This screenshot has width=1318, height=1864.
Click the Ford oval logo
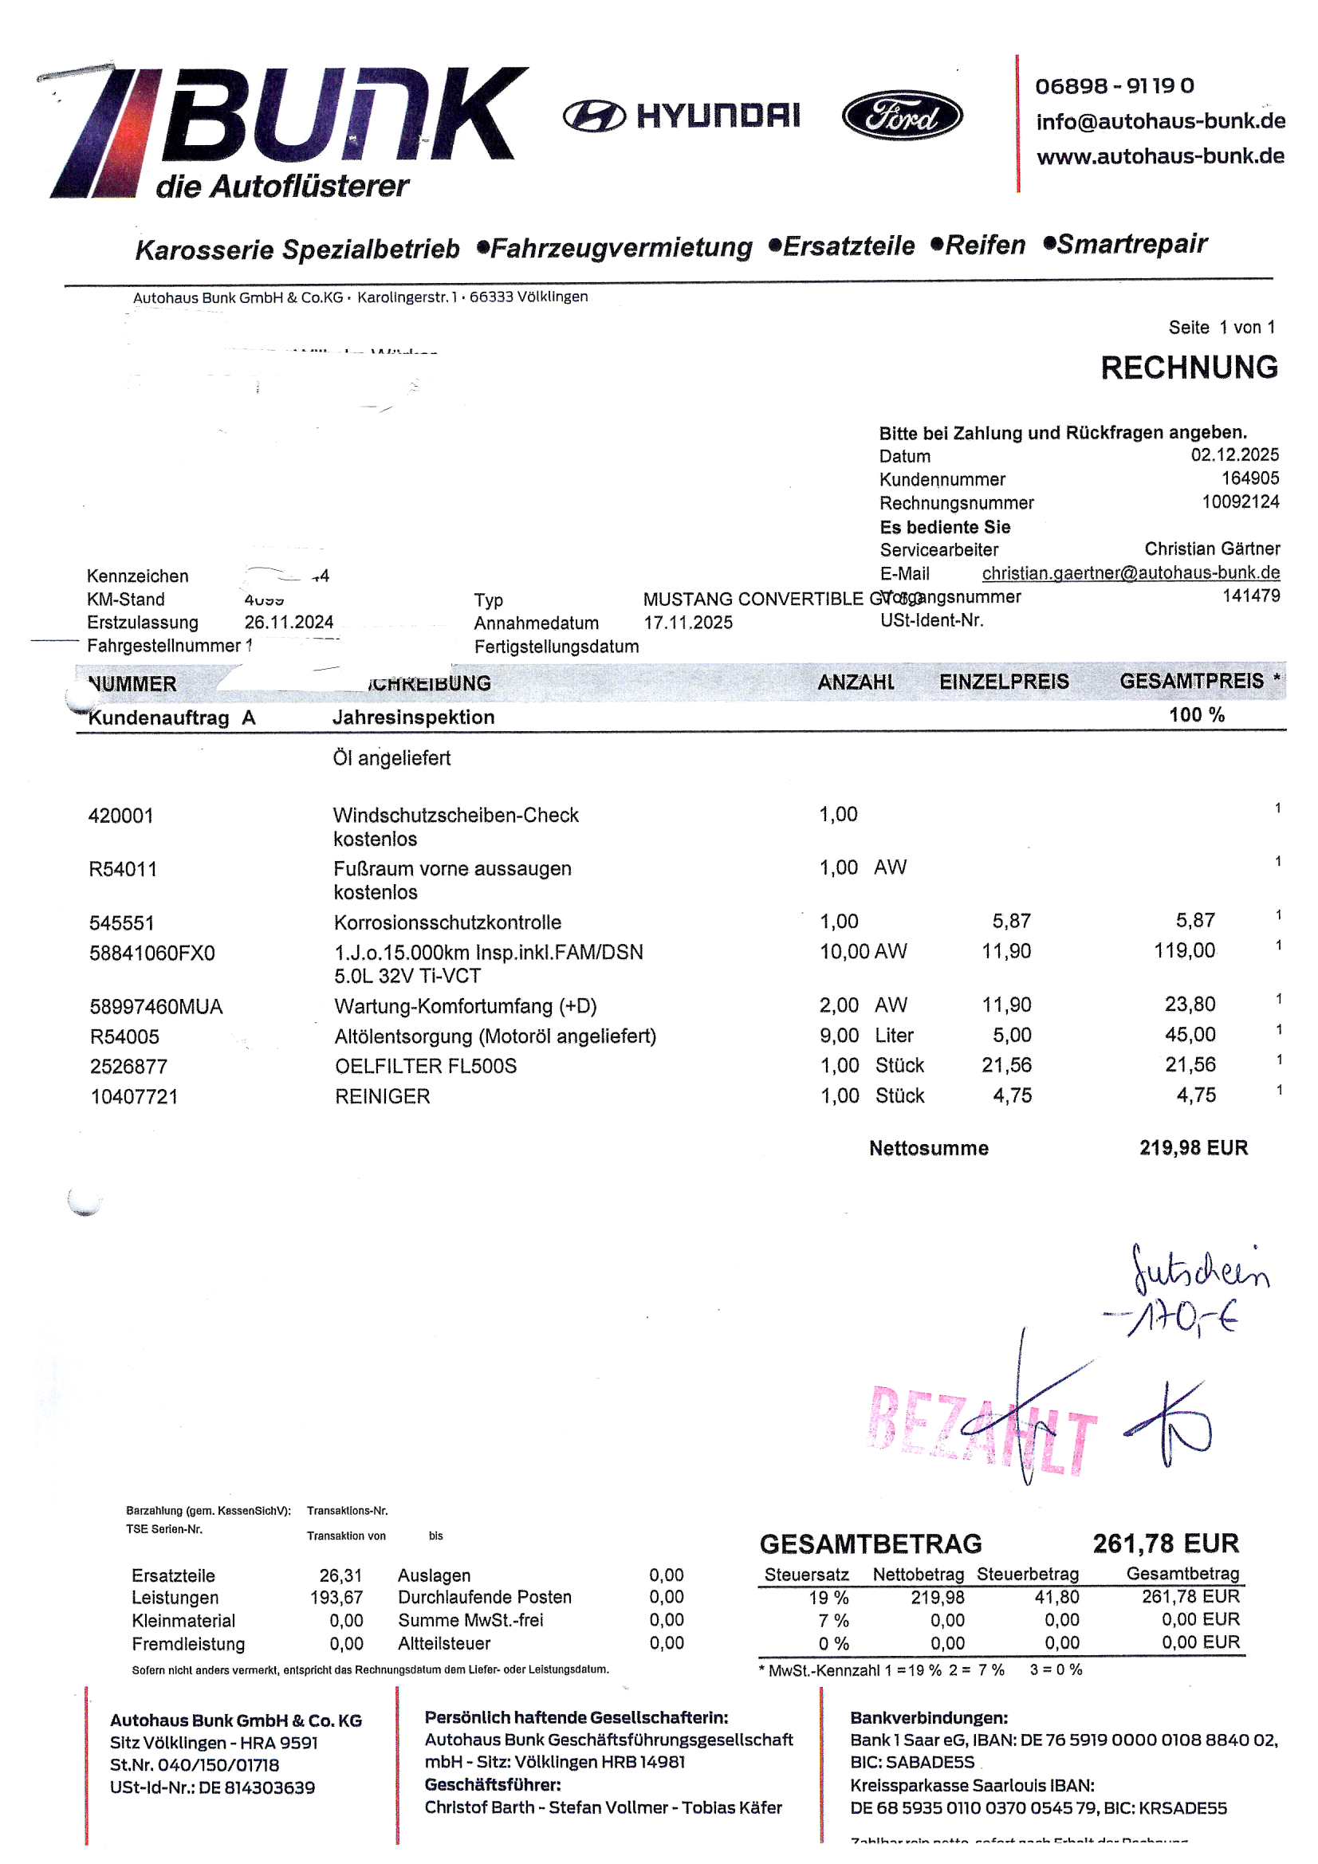click(902, 116)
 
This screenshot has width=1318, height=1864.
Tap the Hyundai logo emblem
click(594, 117)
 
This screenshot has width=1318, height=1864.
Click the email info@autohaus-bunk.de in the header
click(1159, 122)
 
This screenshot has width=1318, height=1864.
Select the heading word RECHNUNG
click(1188, 368)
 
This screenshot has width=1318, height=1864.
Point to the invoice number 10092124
click(1240, 501)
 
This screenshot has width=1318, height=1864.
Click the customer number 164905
click(1249, 478)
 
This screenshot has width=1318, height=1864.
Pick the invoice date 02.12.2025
click(1234, 454)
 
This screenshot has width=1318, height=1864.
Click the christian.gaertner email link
click(1131, 573)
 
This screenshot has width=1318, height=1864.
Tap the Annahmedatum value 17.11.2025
click(688, 623)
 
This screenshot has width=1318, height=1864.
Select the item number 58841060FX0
click(151, 953)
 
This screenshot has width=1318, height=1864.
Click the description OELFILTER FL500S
click(426, 1066)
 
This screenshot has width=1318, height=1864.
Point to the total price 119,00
click(1184, 950)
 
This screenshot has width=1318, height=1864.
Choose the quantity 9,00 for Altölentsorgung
click(839, 1036)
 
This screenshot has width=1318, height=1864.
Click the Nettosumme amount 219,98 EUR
click(1193, 1148)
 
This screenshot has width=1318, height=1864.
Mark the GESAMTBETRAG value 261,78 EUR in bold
click(1166, 1544)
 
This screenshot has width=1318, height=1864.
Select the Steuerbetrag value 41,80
click(1056, 1598)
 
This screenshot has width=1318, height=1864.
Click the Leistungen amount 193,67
click(336, 1598)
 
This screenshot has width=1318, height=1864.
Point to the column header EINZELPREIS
click(1004, 682)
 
